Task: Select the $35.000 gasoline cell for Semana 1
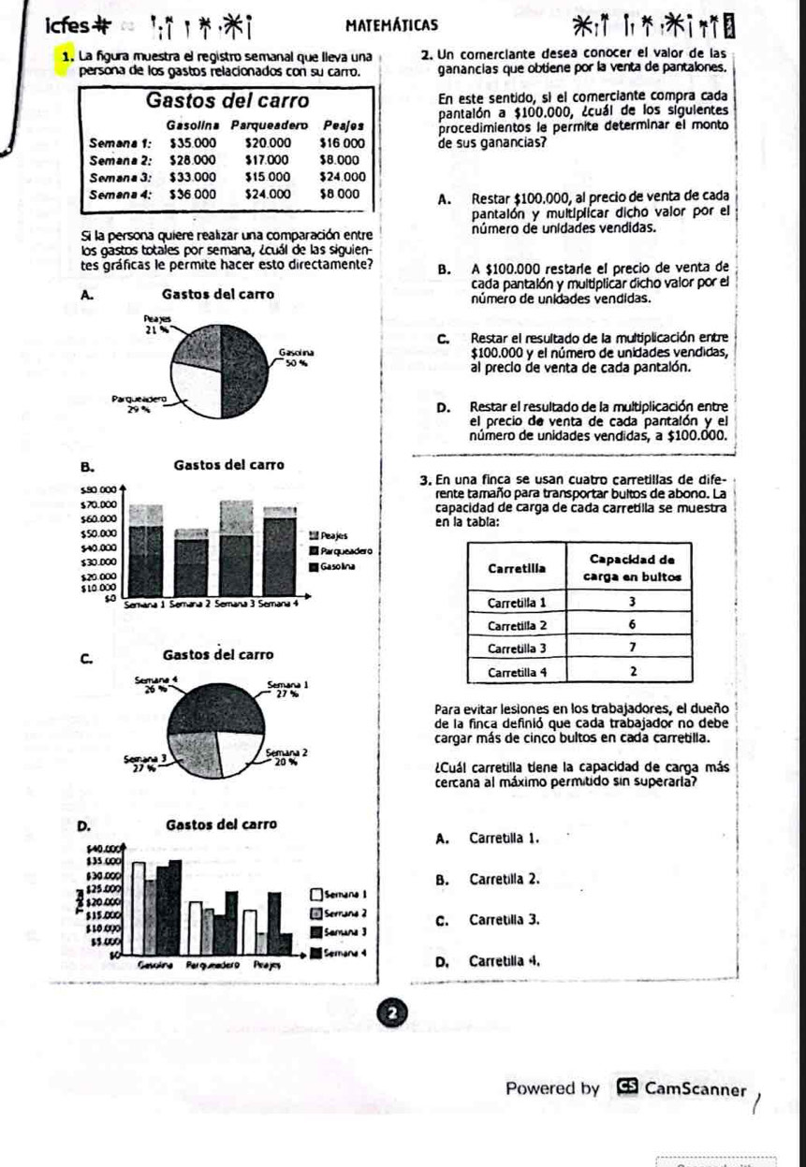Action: point(193,142)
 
